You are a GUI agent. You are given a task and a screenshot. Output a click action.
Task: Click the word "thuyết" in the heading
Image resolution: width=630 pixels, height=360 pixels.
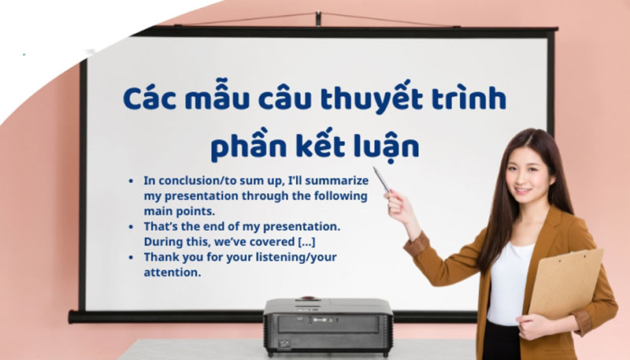(383, 100)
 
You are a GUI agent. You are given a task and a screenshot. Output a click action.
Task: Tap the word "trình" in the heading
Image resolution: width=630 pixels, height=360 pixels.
(469, 100)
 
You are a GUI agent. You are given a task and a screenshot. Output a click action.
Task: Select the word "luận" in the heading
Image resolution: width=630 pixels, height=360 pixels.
(384, 147)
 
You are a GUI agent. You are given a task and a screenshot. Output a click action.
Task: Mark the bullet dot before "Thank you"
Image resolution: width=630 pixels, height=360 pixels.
(131, 258)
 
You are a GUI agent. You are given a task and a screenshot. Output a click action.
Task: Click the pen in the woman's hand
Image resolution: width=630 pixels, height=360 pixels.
(381, 180)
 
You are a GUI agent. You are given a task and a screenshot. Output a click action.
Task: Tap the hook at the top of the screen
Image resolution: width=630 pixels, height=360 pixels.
(317, 17)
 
